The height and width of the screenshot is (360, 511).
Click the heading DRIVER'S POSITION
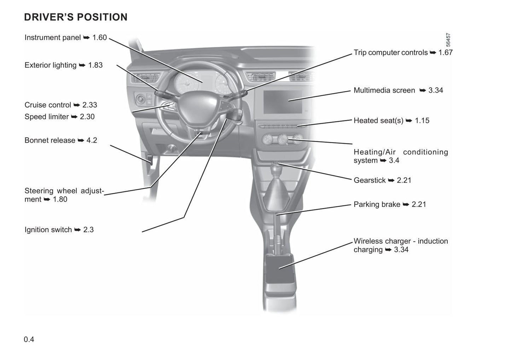(x=76, y=17)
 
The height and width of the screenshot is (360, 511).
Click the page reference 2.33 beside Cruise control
(x=90, y=105)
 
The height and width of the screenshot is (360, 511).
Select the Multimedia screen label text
(x=384, y=90)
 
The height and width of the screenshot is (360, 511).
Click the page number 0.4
(x=29, y=340)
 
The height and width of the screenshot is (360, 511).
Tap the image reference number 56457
(x=448, y=40)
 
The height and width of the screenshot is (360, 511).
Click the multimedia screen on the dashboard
(x=283, y=102)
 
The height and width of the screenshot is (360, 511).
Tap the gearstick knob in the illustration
(x=276, y=171)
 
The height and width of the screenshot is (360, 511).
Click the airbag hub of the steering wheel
(x=198, y=107)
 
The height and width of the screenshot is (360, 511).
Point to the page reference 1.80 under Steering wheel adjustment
(x=60, y=199)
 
